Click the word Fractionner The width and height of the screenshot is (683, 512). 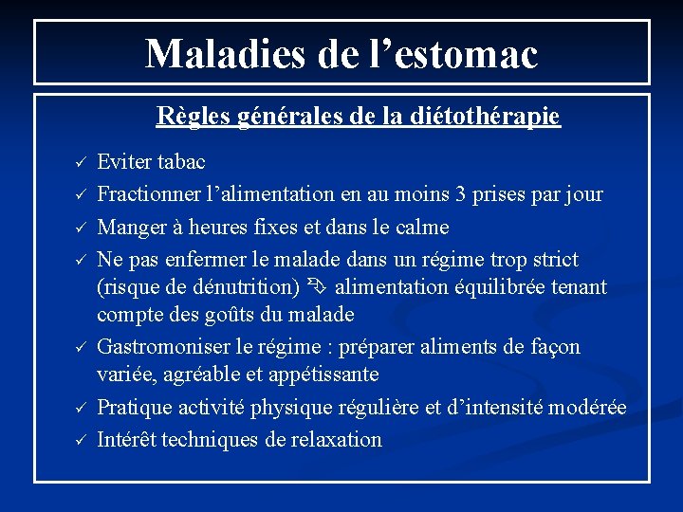click(151, 195)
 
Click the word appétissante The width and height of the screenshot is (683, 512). click(319, 375)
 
